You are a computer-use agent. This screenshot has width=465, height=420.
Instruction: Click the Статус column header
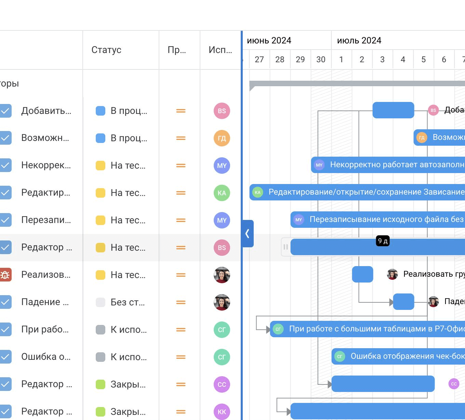click(x=106, y=50)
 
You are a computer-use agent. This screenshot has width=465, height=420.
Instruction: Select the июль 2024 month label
click(x=359, y=41)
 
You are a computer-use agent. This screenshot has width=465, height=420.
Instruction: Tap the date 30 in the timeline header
click(x=321, y=60)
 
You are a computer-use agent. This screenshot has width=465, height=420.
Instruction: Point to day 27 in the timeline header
click(x=259, y=60)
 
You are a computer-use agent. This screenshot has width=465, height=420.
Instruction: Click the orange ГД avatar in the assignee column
click(x=222, y=138)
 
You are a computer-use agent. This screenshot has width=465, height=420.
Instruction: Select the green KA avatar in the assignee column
click(x=222, y=193)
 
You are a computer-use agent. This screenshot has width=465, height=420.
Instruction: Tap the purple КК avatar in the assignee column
click(x=222, y=412)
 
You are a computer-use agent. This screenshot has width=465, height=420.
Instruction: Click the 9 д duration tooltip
click(x=383, y=241)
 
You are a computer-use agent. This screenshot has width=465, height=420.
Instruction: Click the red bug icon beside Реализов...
click(x=5, y=275)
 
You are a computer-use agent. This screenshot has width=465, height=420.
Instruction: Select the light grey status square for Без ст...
click(x=101, y=302)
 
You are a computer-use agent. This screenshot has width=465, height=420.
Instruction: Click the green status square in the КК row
click(x=101, y=412)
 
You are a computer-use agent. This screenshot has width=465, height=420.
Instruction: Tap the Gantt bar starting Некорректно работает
click(x=388, y=165)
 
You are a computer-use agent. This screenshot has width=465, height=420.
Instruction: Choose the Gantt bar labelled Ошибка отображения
click(x=398, y=356)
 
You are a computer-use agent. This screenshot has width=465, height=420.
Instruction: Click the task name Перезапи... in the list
click(x=46, y=220)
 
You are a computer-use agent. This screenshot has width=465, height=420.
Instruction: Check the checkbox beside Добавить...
click(x=5, y=111)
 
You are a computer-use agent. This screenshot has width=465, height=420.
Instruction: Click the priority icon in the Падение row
click(x=181, y=302)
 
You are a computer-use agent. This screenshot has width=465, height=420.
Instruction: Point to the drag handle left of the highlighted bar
click(x=285, y=247)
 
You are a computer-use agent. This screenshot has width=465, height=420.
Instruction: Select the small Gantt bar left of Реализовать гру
click(x=362, y=274)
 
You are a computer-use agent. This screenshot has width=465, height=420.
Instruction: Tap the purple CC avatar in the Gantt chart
click(x=454, y=384)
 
